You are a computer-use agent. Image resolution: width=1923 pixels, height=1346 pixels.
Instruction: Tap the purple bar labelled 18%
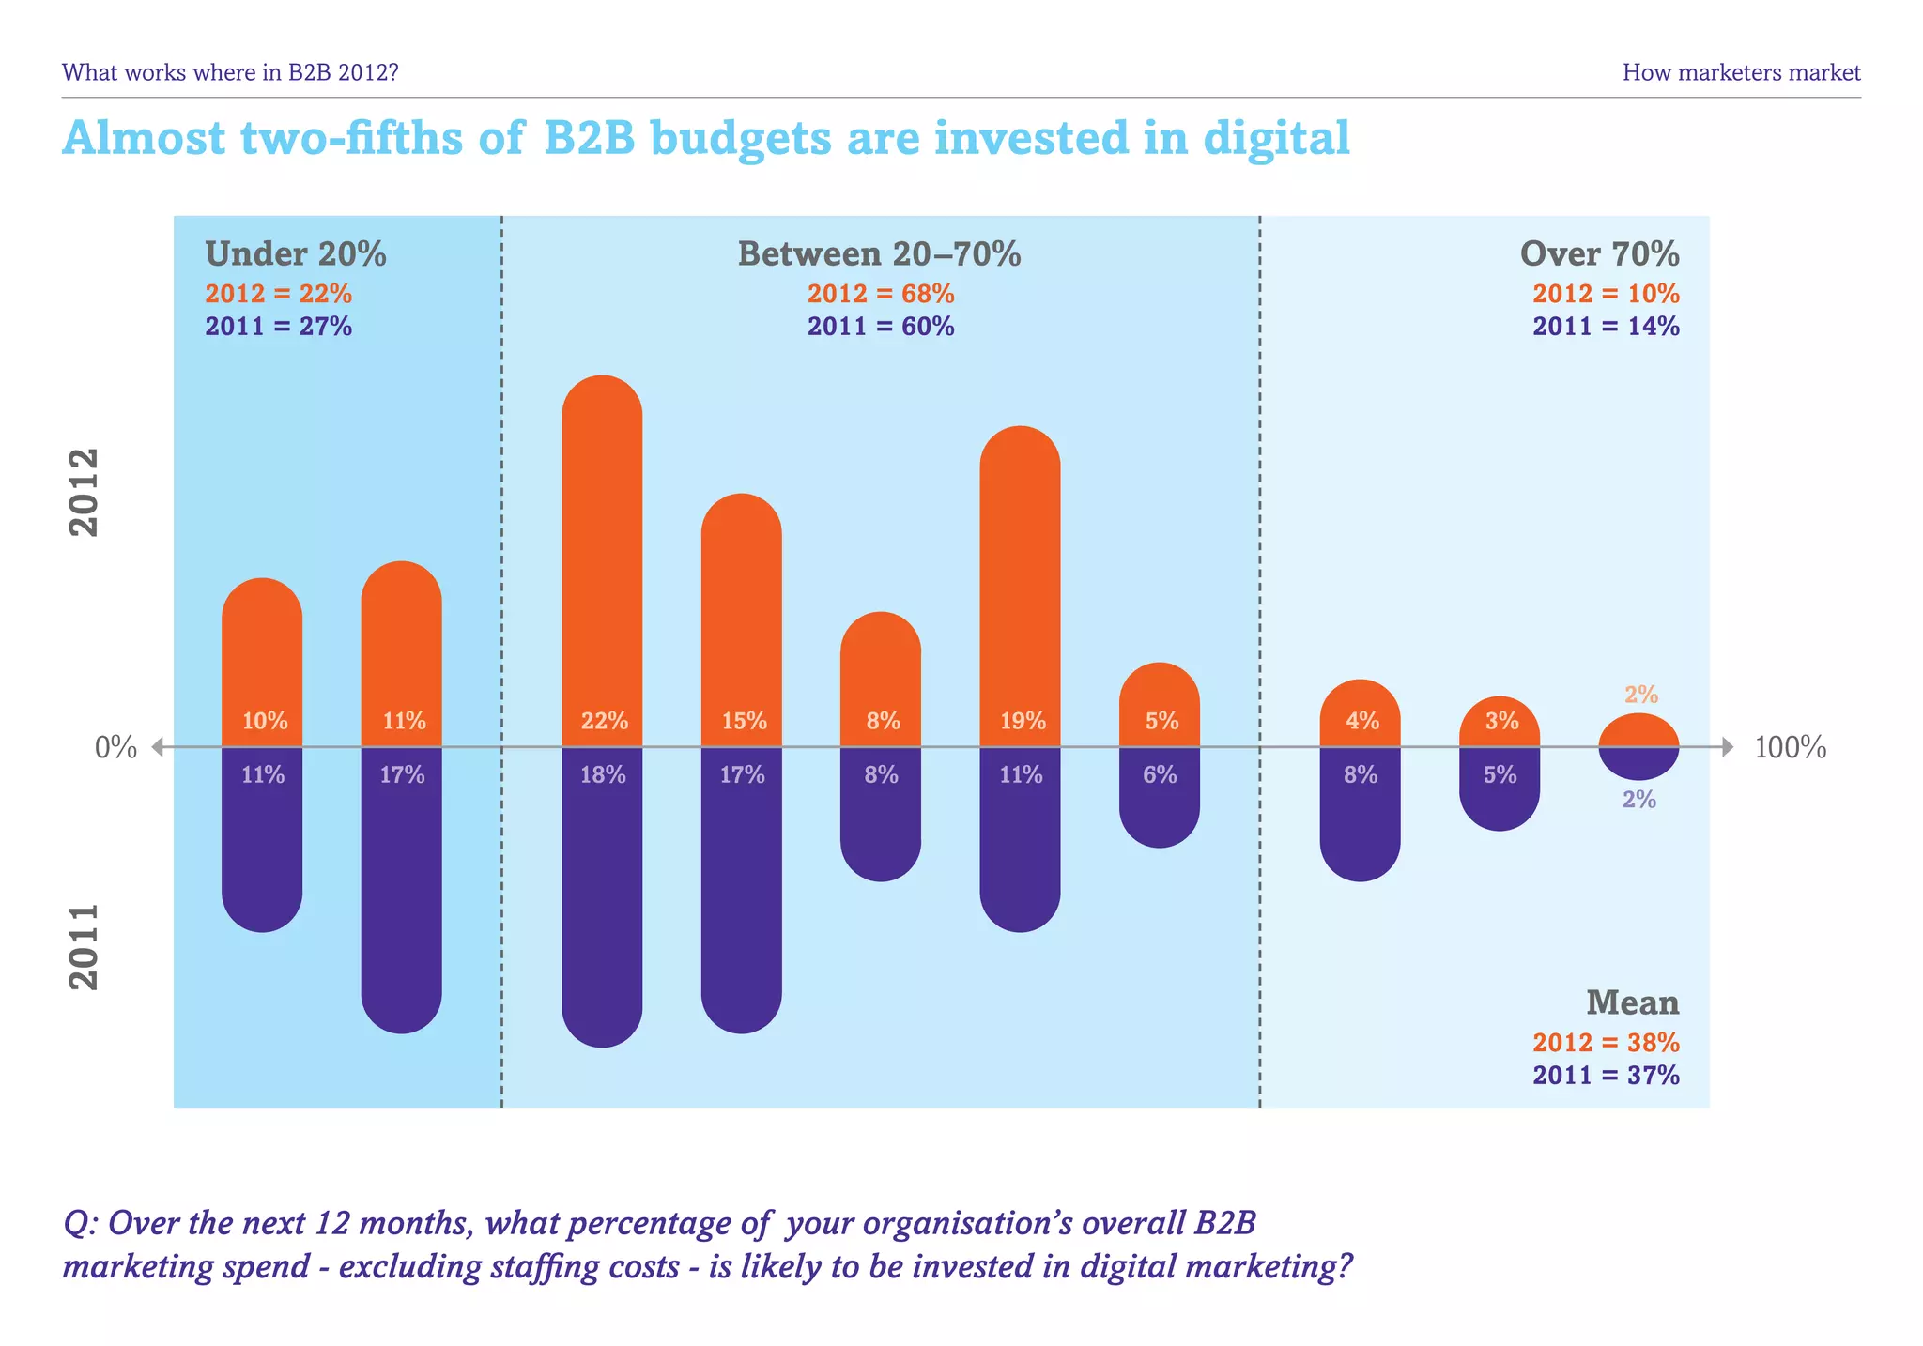click(602, 901)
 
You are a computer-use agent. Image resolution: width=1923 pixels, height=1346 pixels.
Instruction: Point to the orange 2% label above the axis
click(1641, 695)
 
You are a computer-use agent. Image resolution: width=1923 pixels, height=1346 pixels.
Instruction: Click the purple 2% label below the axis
click(1639, 800)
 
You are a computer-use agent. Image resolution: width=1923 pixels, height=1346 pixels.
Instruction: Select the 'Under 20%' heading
click(296, 254)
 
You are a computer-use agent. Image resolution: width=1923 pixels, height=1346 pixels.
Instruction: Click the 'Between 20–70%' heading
click(879, 254)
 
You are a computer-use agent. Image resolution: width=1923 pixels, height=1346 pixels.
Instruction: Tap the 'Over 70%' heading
click(1599, 254)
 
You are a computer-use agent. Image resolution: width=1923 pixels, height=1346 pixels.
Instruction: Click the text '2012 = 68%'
click(881, 295)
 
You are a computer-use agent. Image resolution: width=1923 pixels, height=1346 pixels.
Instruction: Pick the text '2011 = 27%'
click(279, 327)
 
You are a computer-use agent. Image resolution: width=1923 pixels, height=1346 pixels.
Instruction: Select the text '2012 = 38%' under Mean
click(1606, 1043)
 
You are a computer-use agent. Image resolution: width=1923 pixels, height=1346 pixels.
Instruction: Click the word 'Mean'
click(1632, 1003)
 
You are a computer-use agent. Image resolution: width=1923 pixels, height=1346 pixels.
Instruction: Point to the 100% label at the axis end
click(1790, 748)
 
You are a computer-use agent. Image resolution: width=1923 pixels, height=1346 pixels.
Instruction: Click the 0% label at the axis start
click(115, 748)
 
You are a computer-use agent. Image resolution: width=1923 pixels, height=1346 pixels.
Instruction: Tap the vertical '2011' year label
click(85, 946)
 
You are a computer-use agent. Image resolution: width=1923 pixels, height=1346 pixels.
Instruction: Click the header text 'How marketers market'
click(1741, 72)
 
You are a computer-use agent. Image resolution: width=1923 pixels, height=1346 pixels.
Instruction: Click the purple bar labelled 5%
click(1499, 793)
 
